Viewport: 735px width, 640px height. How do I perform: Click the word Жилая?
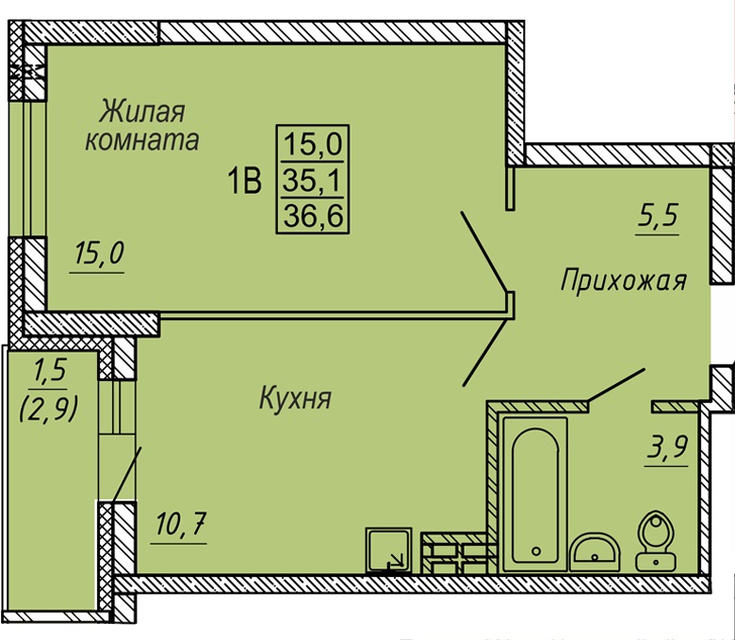click(x=142, y=111)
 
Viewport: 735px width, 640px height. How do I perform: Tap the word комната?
click(x=142, y=139)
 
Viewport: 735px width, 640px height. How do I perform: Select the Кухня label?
click(x=295, y=398)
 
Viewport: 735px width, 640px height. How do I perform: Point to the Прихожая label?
click(x=624, y=280)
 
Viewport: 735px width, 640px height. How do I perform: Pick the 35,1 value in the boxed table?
click(x=313, y=181)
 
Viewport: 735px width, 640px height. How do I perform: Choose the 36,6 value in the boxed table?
click(x=313, y=216)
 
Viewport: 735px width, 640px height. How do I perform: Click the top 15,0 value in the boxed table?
click(x=313, y=144)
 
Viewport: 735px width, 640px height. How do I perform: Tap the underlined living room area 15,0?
click(x=99, y=253)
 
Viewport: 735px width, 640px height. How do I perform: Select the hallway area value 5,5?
click(x=658, y=216)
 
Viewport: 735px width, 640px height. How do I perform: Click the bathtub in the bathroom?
click(x=535, y=494)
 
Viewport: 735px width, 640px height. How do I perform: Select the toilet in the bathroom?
click(x=655, y=540)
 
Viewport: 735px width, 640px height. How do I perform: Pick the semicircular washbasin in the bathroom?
click(x=595, y=552)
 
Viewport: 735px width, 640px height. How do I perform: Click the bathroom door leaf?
click(x=616, y=385)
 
